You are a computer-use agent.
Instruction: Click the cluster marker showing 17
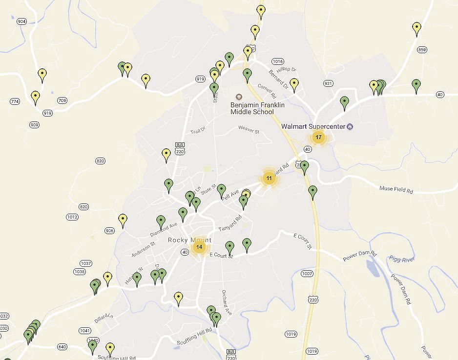[x=318, y=137]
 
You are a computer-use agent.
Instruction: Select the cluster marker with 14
[x=199, y=247]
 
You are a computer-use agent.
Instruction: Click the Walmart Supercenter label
[x=313, y=126]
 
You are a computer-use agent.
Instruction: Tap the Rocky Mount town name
[x=189, y=240]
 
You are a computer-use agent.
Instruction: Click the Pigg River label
[x=401, y=259]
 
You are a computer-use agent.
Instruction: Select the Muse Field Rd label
[x=396, y=189]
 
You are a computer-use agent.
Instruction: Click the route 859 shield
[x=422, y=50]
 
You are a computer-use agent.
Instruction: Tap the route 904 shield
[x=21, y=21]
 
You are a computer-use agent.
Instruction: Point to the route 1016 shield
[x=278, y=61]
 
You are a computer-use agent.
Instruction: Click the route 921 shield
[x=328, y=84]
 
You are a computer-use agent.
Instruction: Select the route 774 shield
[x=15, y=101]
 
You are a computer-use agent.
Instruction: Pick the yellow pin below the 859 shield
[x=416, y=28]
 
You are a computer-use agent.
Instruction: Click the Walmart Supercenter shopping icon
[x=350, y=126]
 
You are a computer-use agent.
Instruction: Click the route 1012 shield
[x=72, y=217]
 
